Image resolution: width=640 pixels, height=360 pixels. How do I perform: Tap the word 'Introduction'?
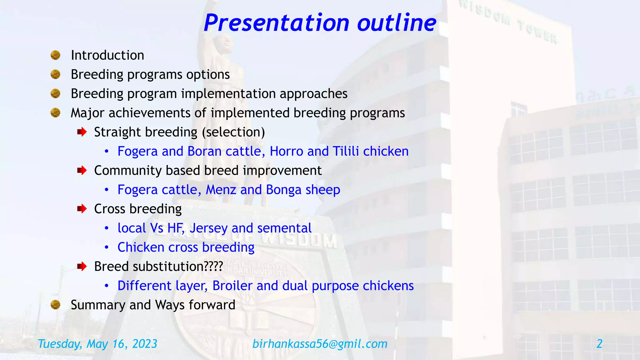[x=107, y=55]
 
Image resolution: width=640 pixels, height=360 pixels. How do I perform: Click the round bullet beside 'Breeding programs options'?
[x=55, y=74]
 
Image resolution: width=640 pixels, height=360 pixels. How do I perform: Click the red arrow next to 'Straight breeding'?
[x=82, y=132]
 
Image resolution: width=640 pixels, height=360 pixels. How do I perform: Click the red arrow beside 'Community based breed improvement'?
[x=82, y=171]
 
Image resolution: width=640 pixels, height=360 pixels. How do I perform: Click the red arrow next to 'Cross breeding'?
[x=82, y=209]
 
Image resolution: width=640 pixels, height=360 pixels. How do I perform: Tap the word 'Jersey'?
[x=208, y=228]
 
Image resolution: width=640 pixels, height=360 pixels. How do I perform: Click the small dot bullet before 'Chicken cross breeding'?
[x=107, y=247]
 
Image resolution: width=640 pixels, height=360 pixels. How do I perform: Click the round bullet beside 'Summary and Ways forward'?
[x=55, y=305]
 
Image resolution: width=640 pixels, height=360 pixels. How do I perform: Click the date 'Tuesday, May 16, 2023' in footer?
[x=97, y=344]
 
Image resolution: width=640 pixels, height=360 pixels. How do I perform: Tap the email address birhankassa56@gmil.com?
[x=320, y=344]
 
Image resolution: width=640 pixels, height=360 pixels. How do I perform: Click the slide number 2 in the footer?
[x=599, y=344]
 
